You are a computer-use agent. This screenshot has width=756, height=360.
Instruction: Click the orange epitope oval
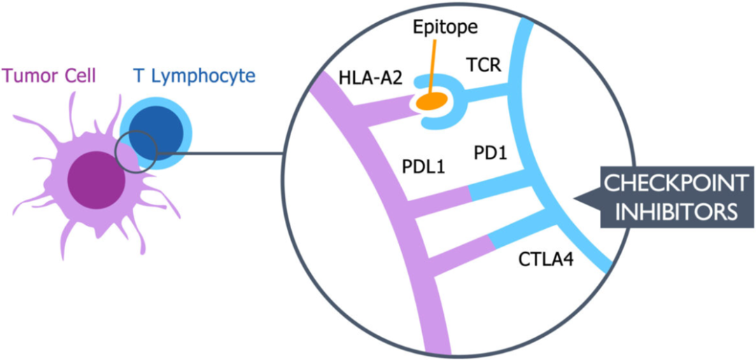(x=432, y=102)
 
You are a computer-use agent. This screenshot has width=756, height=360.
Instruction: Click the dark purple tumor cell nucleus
(x=97, y=181)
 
